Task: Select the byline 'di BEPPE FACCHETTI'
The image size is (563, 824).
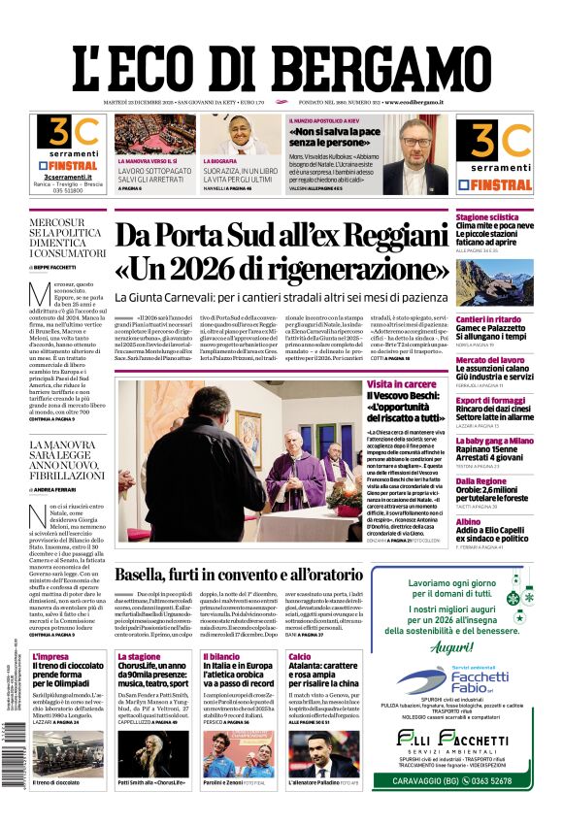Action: coord(60,266)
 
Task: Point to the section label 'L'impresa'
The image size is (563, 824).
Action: coord(50,657)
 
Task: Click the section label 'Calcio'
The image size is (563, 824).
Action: coord(300,657)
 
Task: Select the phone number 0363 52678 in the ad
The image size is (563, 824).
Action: coord(476,806)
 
